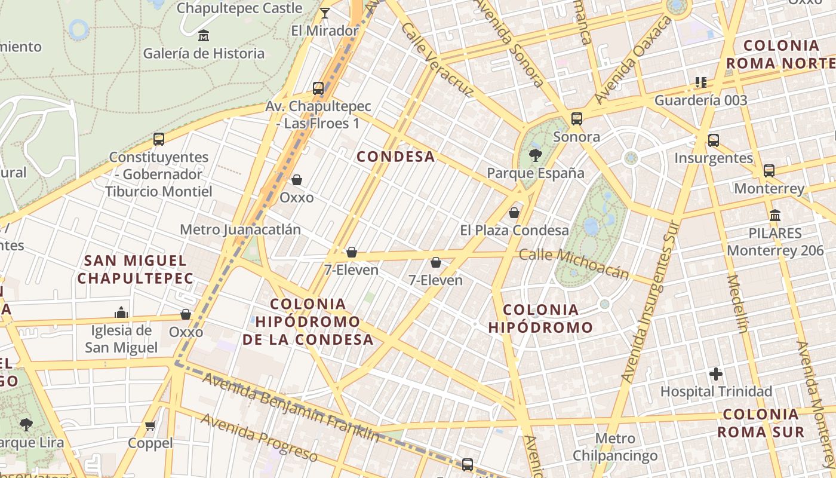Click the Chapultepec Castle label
click(239, 8)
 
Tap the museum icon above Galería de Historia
click(204, 36)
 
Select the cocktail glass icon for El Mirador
click(325, 13)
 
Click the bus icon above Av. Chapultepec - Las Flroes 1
click(318, 88)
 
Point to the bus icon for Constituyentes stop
click(159, 139)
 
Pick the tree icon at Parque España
click(535, 155)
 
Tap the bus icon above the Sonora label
click(576, 119)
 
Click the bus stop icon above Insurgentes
click(714, 140)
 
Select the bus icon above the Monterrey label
click(769, 171)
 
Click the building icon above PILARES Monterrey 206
click(775, 215)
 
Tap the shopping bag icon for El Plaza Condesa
click(514, 213)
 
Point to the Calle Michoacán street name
click(574, 263)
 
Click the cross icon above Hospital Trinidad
click(716, 375)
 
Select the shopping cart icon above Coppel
click(150, 426)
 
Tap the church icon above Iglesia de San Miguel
click(121, 312)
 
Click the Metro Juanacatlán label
click(240, 229)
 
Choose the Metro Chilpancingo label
click(615, 447)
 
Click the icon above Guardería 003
click(700, 82)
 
